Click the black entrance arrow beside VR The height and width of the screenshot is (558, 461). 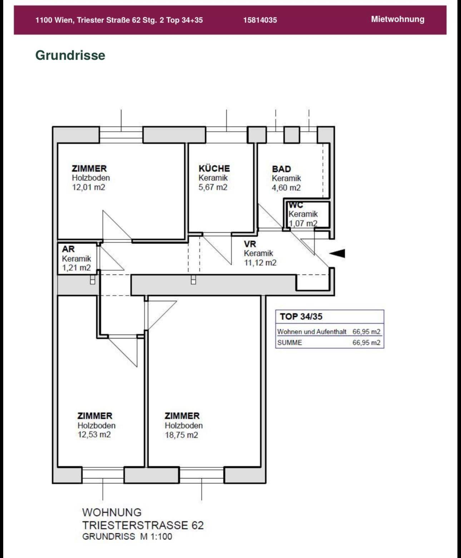click(337, 253)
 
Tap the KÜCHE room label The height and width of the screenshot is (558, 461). click(214, 168)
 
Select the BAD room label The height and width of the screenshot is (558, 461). click(281, 169)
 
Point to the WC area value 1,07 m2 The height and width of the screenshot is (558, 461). click(303, 223)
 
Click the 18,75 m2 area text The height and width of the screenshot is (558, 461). click(181, 435)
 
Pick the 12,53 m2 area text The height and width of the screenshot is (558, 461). click(94, 434)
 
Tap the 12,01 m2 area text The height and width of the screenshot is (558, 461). click(89, 187)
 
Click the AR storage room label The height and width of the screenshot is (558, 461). click(68, 249)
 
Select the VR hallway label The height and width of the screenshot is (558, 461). click(250, 244)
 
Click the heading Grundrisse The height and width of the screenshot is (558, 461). click(70, 55)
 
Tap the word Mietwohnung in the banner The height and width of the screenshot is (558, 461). click(398, 19)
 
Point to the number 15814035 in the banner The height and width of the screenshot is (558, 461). click(260, 20)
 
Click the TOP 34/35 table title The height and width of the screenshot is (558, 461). click(301, 317)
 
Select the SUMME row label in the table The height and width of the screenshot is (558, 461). click(289, 343)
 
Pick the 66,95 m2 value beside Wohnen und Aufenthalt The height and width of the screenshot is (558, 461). click(366, 332)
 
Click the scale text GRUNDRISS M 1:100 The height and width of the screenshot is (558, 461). click(127, 536)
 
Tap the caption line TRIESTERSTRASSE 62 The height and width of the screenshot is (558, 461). click(143, 525)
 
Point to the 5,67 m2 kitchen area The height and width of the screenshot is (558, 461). click(213, 187)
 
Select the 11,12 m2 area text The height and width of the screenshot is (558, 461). click(260, 263)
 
